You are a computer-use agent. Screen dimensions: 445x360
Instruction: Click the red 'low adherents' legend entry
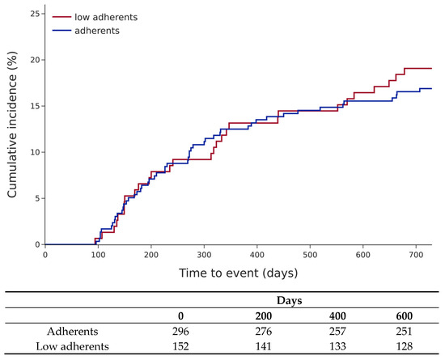(95, 17)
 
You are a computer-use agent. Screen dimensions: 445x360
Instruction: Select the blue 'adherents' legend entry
(86, 31)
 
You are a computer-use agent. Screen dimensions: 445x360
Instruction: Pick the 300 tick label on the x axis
(204, 255)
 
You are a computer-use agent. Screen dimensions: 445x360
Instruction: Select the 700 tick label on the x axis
(416, 255)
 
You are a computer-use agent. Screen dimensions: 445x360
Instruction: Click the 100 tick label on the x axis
(98, 255)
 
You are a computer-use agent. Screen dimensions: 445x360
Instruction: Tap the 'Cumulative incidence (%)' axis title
(12, 125)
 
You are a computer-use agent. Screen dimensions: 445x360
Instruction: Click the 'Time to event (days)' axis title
(239, 273)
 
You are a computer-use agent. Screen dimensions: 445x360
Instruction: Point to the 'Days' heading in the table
(289, 300)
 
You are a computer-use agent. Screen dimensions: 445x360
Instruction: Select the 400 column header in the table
(337, 316)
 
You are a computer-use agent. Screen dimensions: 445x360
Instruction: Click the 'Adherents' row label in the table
(73, 331)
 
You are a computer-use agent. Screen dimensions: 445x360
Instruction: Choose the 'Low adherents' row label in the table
(72, 346)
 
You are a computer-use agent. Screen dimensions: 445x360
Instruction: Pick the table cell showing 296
(180, 331)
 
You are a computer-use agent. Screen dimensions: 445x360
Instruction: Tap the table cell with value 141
(263, 346)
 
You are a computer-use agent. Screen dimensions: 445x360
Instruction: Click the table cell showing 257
(337, 331)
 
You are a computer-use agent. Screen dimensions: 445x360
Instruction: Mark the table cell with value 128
(404, 346)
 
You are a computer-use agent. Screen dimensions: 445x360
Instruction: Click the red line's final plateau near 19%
(418, 69)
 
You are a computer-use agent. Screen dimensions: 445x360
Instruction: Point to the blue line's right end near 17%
(431, 88)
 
